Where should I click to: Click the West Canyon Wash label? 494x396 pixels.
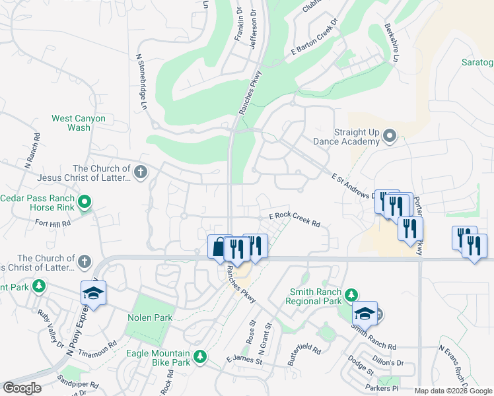click(79, 123)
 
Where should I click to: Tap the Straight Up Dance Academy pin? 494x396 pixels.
click(390, 137)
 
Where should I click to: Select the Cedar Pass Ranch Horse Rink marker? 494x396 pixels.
click(84, 202)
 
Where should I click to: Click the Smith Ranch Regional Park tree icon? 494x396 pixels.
click(352, 294)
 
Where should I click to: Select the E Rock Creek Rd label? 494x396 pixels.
click(295, 220)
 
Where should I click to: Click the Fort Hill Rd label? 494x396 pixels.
click(53, 224)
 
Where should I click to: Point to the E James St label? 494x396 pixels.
click(244, 360)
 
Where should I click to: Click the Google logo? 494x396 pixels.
click(22, 388)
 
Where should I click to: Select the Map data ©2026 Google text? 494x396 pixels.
click(453, 391)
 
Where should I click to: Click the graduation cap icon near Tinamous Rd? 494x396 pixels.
click(93, 294)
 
